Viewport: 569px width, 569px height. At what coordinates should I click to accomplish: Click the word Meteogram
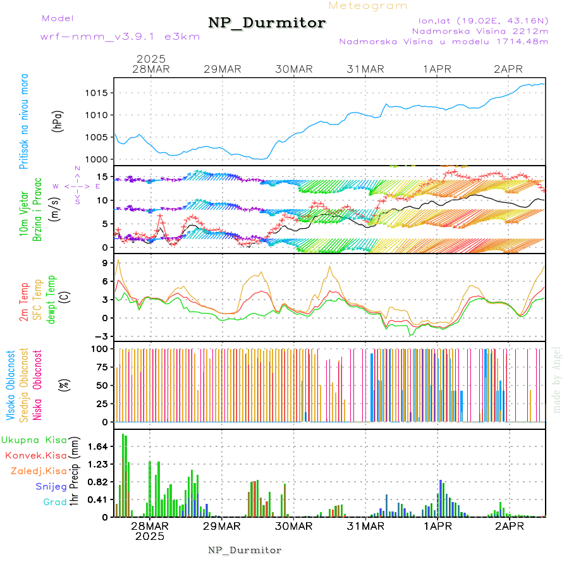pos(369,6)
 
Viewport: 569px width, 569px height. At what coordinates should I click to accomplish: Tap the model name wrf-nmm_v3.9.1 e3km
pos(120,36)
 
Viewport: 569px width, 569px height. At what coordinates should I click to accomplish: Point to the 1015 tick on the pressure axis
pos(98,93)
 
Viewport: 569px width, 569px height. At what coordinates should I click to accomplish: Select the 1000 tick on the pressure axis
pos(98,159)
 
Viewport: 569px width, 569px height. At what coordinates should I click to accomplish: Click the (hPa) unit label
pos(58,124)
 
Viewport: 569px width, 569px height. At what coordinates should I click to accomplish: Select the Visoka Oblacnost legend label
pos(11,386)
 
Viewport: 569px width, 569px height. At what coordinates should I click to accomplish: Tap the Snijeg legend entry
pos(51,487)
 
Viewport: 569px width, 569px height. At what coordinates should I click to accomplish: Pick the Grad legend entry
pos(54,503)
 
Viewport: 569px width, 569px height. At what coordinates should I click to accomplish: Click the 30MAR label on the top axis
pos(294,69)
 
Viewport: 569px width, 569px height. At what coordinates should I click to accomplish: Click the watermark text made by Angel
pos(557,379)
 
